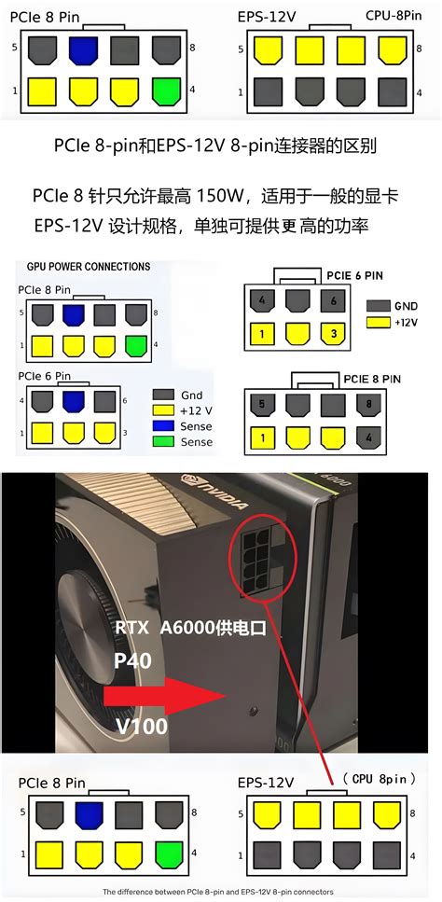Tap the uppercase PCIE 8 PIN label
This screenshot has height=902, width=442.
372,378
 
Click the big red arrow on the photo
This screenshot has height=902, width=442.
159,695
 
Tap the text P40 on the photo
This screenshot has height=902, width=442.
133,660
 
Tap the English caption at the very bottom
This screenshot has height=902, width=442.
220,892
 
